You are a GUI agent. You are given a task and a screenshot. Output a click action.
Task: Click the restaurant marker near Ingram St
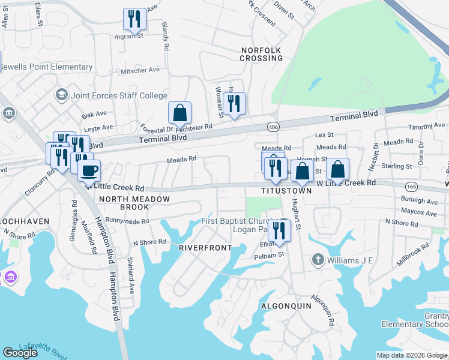pos(134,19)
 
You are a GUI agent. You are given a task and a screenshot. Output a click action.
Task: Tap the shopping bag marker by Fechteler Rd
pos(179,112)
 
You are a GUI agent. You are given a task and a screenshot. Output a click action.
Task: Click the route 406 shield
pos(273,127)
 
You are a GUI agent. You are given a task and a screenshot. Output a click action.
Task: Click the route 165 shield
pos(412,187)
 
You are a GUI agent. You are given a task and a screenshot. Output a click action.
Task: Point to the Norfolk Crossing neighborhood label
pos(261,54)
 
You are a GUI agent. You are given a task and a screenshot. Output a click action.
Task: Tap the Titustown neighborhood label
pos(286,190)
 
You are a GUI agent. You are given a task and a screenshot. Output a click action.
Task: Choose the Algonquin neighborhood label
pos(286,305)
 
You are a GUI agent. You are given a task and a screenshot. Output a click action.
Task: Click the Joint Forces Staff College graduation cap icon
pos(61,95)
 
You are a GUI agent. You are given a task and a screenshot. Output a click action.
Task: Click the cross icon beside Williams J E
pos(318,260)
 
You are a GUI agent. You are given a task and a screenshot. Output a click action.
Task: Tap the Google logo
pos(20,353)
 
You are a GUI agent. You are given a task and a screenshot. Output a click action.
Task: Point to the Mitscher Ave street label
pos(140,70)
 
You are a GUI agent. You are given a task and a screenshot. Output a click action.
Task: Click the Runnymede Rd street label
pos(128,221)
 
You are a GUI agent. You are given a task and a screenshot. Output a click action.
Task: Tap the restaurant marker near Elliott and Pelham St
pos(279,230)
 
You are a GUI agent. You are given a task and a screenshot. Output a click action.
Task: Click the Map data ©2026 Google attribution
pos(412,355)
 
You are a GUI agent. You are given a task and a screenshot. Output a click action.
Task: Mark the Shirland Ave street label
pos(130,275)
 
